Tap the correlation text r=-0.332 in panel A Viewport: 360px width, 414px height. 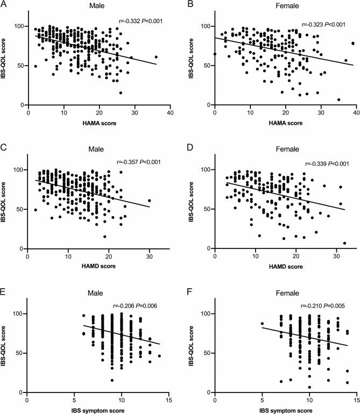point(140,22)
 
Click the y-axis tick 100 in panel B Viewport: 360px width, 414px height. point(204,26)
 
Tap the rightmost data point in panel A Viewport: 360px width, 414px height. point(156,56)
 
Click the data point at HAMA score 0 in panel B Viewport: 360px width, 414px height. point(215,54)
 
